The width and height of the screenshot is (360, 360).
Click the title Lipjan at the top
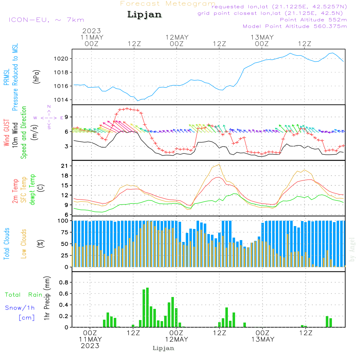click(x=144, y=15)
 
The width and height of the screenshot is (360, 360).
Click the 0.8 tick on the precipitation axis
click(x=64, y=283)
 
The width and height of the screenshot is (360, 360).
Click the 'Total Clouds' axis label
click(x=7, y=244)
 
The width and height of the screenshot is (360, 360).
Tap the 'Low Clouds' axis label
click(x=24, y=244)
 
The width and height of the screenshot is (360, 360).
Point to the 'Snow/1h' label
click(x=20, y=308)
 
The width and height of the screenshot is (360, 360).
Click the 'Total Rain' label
click(x=24, y=295)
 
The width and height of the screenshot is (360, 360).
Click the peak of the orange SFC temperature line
click(x=219, y=164)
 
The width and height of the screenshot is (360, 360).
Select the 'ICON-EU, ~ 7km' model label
click(x=46, y=20)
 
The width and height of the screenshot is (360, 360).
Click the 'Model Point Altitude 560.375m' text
click(x=295, y=26)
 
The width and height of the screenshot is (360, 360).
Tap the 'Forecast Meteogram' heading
click(x=168, y=4)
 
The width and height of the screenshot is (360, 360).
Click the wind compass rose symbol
click(x=49, y=117)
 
